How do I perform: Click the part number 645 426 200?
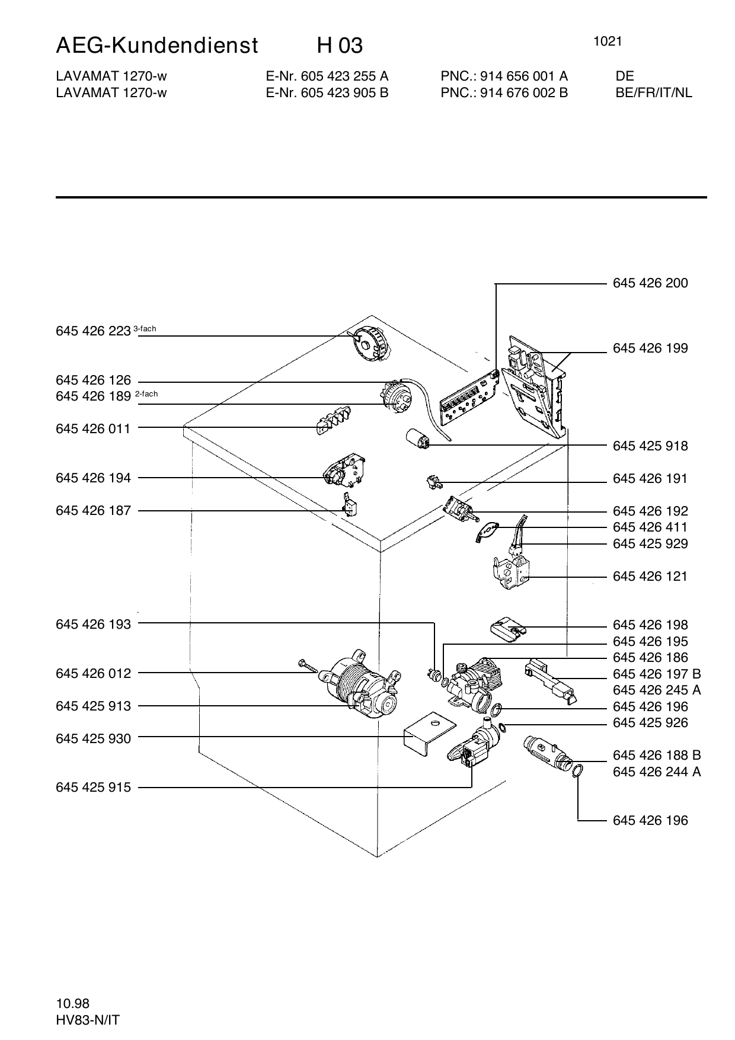(650, 283)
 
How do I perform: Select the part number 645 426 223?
(93, 331)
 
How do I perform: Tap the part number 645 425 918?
(650, 446)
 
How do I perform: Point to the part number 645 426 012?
(93, 673)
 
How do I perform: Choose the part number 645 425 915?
(93, 788)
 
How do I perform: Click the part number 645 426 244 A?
(657, 772)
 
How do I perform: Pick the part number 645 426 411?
(650, 527)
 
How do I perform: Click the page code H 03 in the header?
(340, 46)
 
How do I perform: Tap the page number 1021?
(607, 41)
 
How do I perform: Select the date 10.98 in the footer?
(72, 1003)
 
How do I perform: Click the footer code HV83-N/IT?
(88, 1020)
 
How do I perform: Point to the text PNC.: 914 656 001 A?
(504, 76)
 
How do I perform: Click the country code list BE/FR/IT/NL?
(654, 92)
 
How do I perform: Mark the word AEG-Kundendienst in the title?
(157, 46)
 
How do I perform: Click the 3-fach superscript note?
(145, 328)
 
